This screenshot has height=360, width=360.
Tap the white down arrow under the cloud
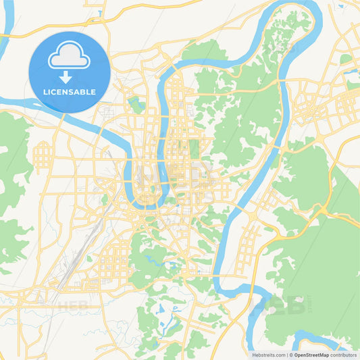coord(70,77)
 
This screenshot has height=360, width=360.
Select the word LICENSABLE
coord(70,92)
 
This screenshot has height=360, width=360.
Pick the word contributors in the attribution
coord(344,355)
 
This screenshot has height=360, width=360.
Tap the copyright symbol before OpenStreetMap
coord(291,355)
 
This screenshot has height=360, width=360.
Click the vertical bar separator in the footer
coord(286,355)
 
